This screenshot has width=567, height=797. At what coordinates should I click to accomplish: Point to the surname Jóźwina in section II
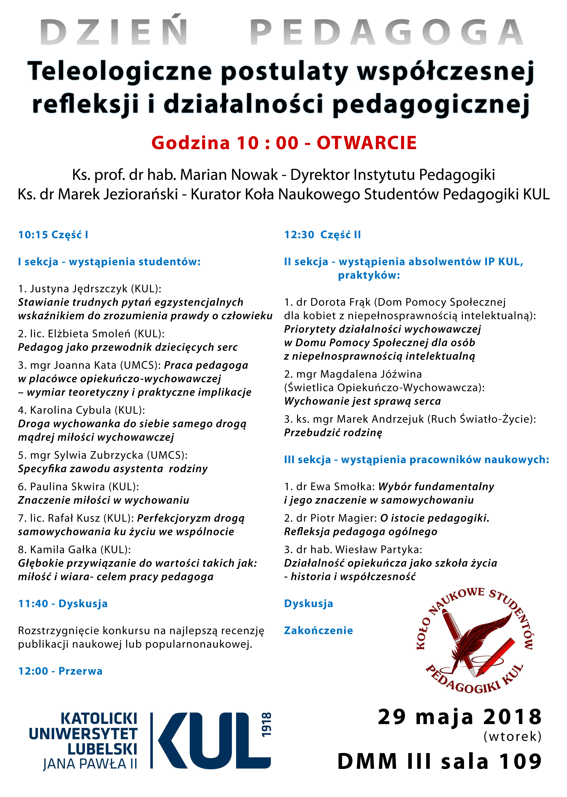(x=400, y=374)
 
